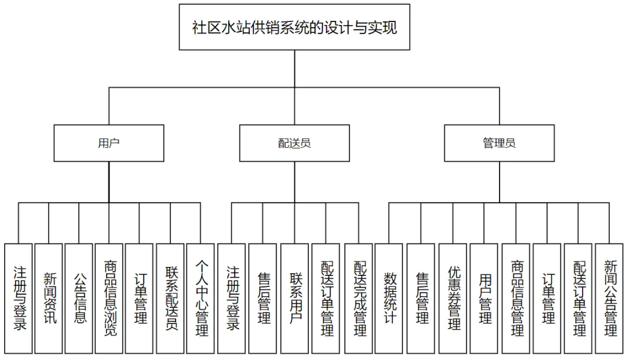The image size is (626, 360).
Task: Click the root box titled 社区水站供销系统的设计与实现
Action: pyautogui.click(x=294, y=27)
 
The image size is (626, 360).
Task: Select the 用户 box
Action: pyautogui.click(x=108, y=143)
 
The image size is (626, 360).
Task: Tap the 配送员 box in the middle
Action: pyautogui.click(x=294, y=143)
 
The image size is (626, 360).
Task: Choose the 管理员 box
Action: pyautogui.click(x=499, y=143)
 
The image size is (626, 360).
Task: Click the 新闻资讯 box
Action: pyautogui.click(x=49, y=299)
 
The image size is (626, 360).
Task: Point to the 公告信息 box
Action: pyautogui.click(x=79, y=299)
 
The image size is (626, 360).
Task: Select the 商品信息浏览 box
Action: pyautogui.click(x=109, y=299)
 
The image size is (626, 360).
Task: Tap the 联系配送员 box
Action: pyautogui.click(x=170, y=299)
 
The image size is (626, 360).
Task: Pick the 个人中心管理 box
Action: pyautogui.click(x=201, y=299)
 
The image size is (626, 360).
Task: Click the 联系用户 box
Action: pyautogui.click(x=294, y=299)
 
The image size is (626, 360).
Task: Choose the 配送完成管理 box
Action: pyautogui.click(x=359, y=299)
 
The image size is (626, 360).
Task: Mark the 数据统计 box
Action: pyautogui.click(x=389, y=299)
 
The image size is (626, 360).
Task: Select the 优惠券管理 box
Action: pyautogui.click(x=453, y=299)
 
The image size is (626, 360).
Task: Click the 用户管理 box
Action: pyautogui.click(x=484, y=299)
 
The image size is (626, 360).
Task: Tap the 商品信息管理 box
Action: pyautogui.click(x=516, y=299)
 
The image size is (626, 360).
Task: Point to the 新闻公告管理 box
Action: pyautogui.click(x=609, y=299)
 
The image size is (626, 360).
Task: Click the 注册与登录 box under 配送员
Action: pyautogui.click(x=231, y=299)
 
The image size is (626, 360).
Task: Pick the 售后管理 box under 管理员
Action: pyautogui.click(x=421, y=299)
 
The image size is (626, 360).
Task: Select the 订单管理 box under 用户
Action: pyautogui.click(x=139, y=299)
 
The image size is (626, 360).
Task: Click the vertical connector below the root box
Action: pyautogui.click(x=294, y=68)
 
